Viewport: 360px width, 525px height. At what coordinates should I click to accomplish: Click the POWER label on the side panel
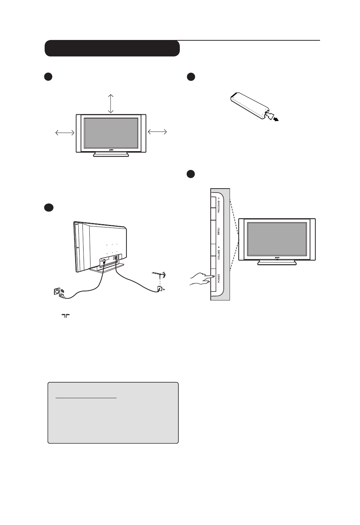[219, 278]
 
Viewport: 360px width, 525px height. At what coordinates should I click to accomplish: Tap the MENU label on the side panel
[219, 231]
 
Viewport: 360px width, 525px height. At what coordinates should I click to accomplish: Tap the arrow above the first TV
[111, 103]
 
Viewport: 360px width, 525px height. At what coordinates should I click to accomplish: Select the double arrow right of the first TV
[157, 132]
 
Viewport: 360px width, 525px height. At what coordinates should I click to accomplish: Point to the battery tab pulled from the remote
[269, 116]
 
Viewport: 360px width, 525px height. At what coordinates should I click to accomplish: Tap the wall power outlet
[57, 292]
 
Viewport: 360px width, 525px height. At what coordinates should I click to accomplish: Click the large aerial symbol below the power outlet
[65, 316]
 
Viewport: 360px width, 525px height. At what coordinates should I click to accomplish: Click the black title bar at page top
[112, 48]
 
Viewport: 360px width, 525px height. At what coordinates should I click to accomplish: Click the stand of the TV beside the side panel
[277, 263]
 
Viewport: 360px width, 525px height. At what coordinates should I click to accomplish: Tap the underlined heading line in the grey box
[86, 398]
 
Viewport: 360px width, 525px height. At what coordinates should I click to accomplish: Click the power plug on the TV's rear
[104, 261]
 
